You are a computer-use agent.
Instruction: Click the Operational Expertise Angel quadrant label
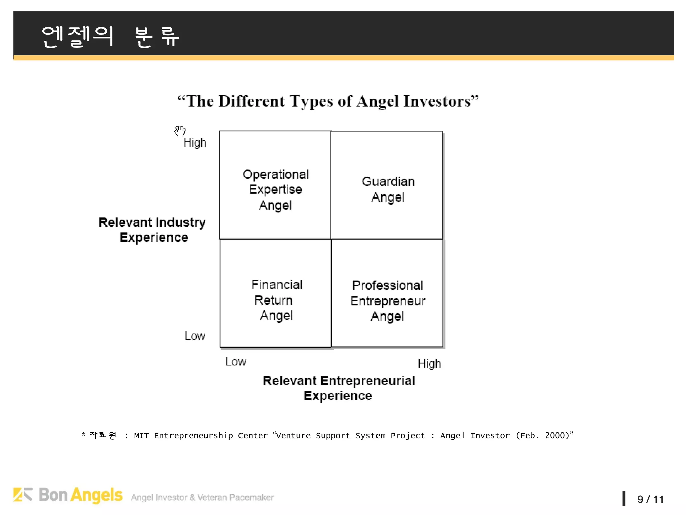coord(276,189)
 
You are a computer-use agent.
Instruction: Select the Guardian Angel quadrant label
coord(388,189)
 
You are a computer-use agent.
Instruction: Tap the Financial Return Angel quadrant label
coord(277,300)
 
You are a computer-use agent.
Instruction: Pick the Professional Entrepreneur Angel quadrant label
coord(388,301)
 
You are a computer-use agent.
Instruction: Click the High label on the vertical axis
coord(195,143)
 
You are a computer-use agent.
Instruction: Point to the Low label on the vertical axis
coord(195,336)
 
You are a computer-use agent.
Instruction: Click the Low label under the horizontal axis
coord(235,361)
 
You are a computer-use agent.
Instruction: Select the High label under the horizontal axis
coord(429,364)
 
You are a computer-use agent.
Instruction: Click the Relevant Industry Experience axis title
coord(153,230)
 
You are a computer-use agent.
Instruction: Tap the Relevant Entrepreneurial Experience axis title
coord(339,388)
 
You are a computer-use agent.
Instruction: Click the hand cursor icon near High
coord(180,131)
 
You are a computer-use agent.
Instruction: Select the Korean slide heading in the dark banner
coord(111,36)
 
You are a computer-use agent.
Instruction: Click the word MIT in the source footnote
coord(141,436)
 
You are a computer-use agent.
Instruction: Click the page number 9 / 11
coord(650,499)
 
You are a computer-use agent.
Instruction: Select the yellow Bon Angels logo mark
coord(23,495)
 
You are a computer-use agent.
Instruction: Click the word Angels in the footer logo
coord(97,495)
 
